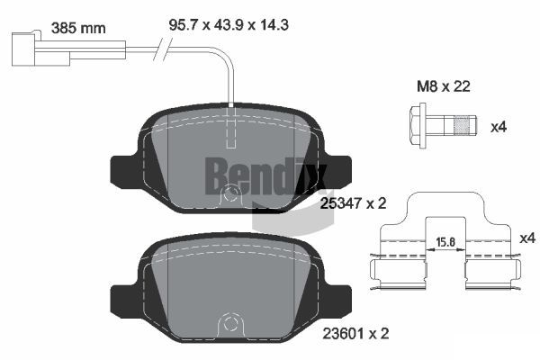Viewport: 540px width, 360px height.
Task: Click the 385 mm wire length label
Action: pos(79,27)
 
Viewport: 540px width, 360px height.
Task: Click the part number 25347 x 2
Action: pos(353,203)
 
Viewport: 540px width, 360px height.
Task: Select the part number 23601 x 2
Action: pos(353,333)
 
